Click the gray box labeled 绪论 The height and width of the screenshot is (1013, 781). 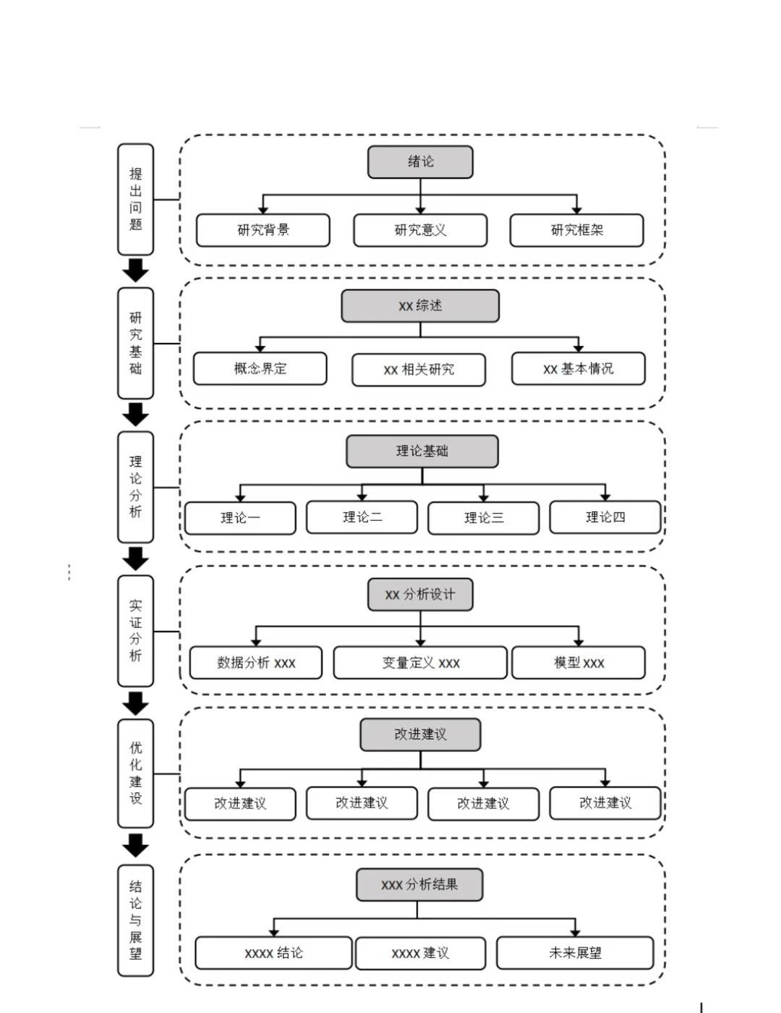(420, 162)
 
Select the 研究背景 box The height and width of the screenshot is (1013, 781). (263, 230)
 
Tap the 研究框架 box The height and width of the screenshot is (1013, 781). (576, 230)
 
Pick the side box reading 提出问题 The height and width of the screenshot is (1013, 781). (135, 200)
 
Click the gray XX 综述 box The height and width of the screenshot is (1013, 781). (420, 306)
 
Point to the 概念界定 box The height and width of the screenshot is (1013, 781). (260, 369)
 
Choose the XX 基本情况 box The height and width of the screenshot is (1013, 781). (579, 369)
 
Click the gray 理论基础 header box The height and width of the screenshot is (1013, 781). (422, 452)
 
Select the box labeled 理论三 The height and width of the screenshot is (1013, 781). (483, 518)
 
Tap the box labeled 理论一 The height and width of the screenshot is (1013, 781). (240, 518)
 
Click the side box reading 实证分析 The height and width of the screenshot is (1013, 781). (135, 631)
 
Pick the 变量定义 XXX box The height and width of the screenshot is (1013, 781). (420, 663)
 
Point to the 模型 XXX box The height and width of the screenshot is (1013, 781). (579, 663)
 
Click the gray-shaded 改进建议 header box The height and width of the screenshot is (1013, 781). (420, 734)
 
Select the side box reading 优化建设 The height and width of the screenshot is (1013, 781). (135, 773)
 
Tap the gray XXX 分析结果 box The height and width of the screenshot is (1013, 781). (419, 885)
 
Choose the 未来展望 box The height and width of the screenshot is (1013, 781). (575, 953)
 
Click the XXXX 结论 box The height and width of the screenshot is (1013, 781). (273, 953)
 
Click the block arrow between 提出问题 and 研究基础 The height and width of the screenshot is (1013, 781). (135, 271)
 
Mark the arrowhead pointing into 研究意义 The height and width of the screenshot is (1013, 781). (420, 211)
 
